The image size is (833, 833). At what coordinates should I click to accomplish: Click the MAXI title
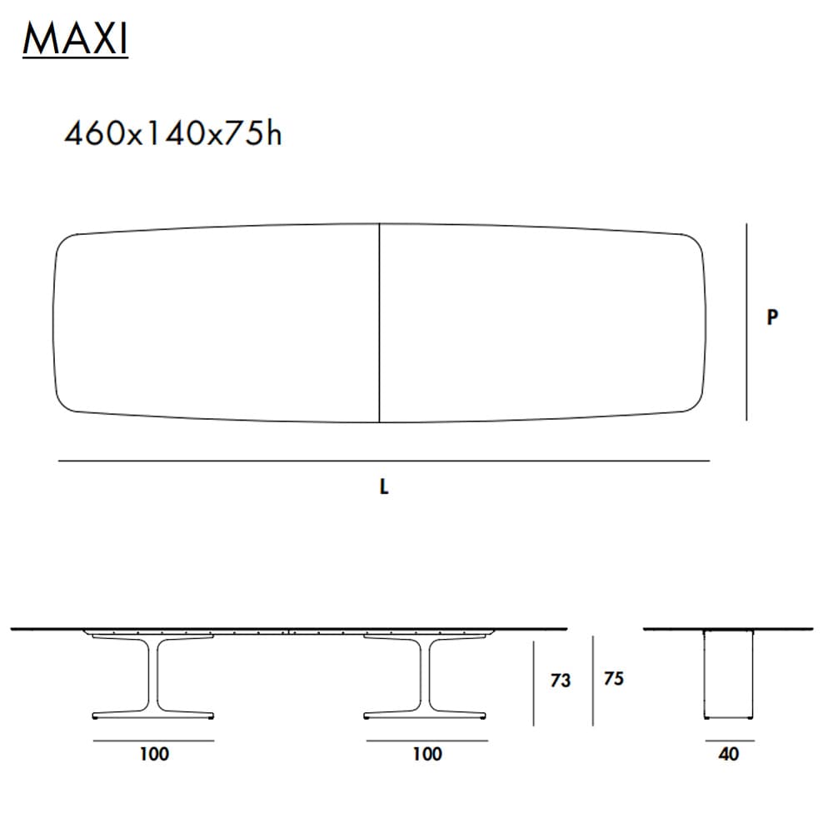75,40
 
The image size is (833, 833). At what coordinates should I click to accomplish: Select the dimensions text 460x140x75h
173,133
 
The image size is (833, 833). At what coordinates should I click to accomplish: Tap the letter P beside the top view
772,317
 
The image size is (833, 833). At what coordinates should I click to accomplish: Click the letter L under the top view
384,488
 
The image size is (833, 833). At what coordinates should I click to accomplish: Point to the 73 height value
561,681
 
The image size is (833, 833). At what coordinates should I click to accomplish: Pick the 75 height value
613,679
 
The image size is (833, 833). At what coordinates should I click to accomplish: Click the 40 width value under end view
728,755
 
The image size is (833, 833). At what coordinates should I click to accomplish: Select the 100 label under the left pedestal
154,755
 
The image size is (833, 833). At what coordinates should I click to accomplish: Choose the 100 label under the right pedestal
426,755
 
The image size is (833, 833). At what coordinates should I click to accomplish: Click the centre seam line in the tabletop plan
380,325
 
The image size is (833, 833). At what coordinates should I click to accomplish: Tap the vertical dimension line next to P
747,322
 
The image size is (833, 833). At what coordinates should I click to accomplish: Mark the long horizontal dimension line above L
383,460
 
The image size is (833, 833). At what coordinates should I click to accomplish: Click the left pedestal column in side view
154,675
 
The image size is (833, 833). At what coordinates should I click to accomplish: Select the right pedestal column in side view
426,675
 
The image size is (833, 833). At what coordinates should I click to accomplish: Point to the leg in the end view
729,675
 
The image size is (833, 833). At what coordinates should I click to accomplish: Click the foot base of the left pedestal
154,715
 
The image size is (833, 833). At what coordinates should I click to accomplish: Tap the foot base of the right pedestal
426,715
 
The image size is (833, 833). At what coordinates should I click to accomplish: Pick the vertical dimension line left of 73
534,683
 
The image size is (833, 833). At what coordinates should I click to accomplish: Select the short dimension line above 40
729,741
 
